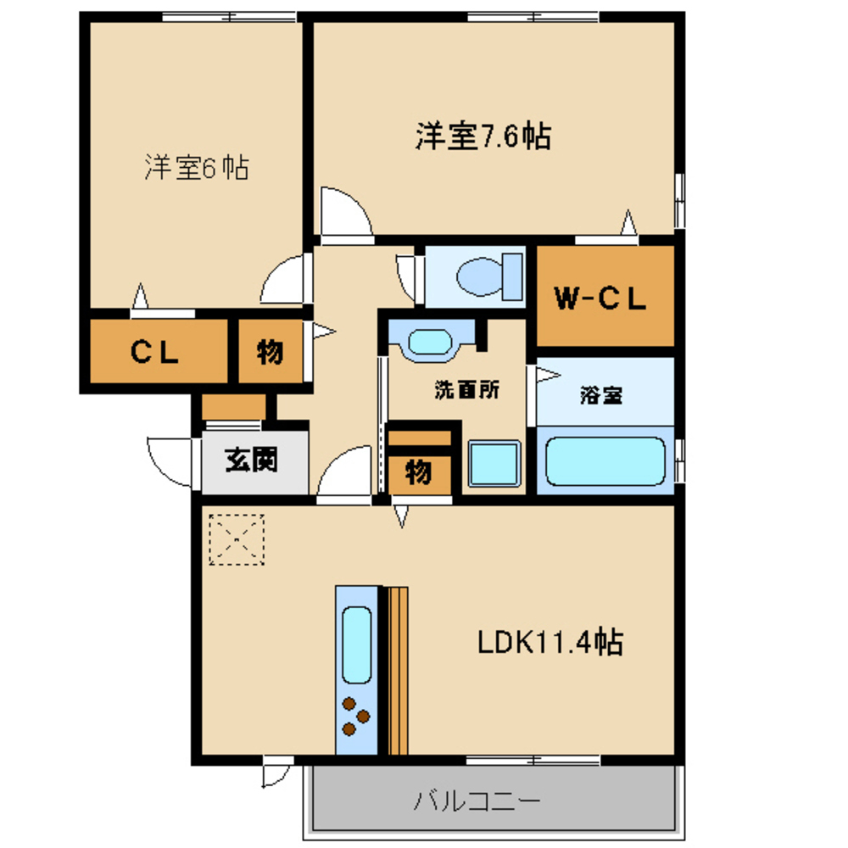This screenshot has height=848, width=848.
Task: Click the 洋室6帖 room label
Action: [x=197, y=167]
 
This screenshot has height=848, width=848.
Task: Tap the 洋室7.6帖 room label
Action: [x=483, y=137]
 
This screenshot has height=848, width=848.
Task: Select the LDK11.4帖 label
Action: [x=550, y=642]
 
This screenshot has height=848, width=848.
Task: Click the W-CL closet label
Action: [x=600, y=298]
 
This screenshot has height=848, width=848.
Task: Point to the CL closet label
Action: [x=154, y=352]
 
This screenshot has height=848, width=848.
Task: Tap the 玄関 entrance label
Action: [x=252, y=460]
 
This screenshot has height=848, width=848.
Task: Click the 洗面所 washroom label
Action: [x=467, y=389]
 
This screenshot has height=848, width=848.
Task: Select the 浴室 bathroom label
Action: [x=601, y=395]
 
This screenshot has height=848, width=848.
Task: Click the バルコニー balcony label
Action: [x=477, y=801]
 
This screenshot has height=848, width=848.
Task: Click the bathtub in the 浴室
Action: [x=605, y=461]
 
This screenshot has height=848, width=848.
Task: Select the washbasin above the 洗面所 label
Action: [x=430, y=342]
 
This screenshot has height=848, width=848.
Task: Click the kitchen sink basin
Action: [x=356, y=644]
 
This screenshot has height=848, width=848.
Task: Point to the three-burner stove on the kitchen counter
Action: [x=356, y=717]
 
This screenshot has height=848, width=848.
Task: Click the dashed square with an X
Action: [x=237, y=539]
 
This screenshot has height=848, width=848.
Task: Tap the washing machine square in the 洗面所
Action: [x=494, y=464]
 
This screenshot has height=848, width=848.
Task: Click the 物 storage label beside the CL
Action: [x=270, y=352]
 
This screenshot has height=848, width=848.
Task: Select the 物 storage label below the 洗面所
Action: [x=419, y=473]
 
